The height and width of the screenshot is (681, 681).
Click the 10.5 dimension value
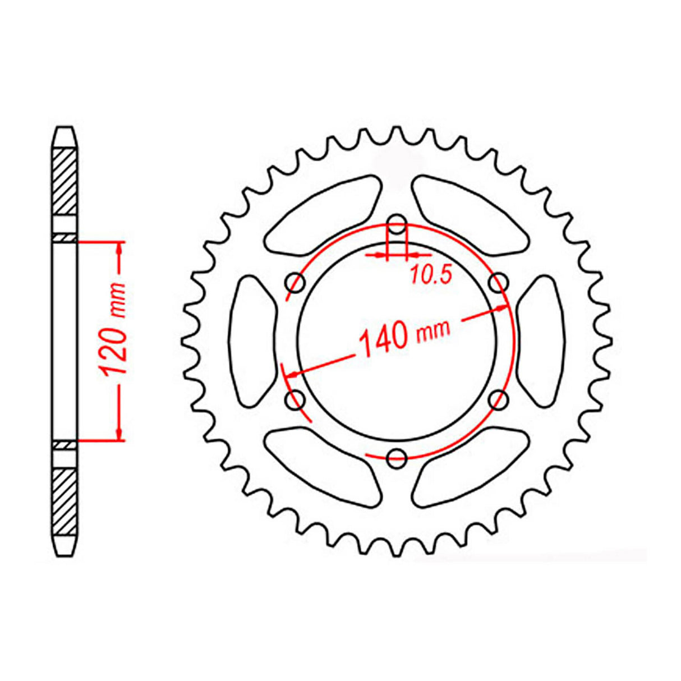point(430,274)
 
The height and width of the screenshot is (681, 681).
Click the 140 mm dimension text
point(404,337)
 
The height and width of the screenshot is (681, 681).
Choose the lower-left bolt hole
point(295,400)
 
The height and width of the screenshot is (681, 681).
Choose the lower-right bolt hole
point(499,400)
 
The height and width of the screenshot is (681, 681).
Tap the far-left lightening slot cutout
point(252,341)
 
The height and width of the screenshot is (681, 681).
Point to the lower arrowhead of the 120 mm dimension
point(119,432)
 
